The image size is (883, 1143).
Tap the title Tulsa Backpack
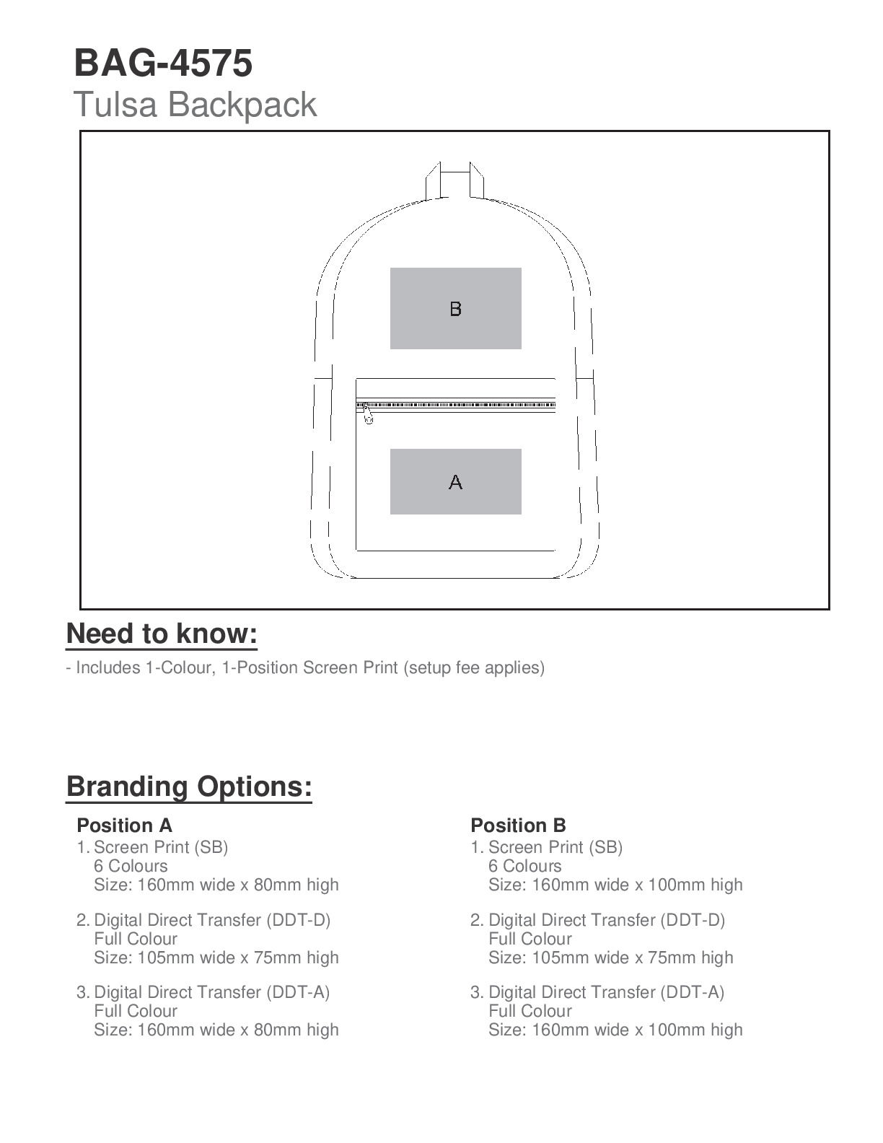pos(195,105)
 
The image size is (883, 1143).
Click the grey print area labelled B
pos(455,309)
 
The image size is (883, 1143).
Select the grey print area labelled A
pos(455,481)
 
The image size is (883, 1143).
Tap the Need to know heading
pos(162,634)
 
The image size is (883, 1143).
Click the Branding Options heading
pos(189,786)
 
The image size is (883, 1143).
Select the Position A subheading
pos(124,825)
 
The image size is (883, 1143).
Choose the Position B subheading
pos(518,825)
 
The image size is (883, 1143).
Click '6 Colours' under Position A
pos(131,866)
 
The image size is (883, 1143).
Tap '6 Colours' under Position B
pos(524,866)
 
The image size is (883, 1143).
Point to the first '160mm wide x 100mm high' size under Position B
pos(615,885)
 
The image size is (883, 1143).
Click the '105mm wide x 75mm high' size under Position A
pos(216,958)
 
